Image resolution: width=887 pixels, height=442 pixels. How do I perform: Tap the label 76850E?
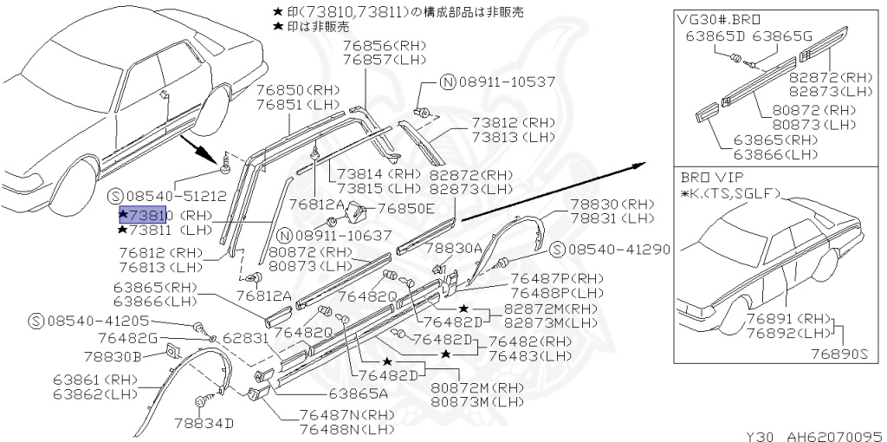coord(406,208)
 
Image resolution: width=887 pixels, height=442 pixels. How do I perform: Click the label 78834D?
coord(204,422)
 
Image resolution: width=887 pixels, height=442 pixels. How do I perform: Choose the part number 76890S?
coord(838,354)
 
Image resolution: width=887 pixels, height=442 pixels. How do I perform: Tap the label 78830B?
coord(113,355)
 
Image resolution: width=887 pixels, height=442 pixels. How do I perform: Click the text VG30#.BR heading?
coord(714,19)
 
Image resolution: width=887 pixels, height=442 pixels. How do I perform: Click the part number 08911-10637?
coord(343,235)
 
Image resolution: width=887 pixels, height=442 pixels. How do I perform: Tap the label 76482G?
coord(127,337)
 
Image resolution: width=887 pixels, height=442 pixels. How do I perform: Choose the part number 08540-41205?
coord(93,322)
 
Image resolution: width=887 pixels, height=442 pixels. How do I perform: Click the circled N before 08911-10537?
coord(447,82)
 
